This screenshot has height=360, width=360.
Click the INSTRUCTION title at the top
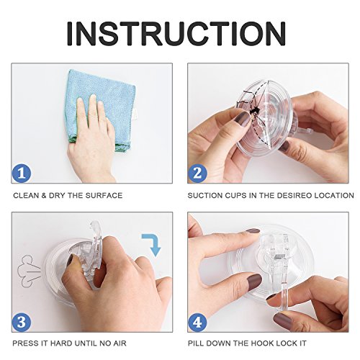click(176, 34)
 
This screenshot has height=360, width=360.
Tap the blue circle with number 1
click(22, 173)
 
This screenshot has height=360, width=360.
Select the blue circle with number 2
click(197, 173)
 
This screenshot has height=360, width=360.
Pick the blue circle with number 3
click(22, 322)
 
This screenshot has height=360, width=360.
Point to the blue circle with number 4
click(197, 322)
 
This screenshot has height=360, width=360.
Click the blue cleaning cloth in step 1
click(102, 106)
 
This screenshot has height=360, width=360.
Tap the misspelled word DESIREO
click(294, 195)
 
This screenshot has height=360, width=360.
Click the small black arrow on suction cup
click(254, 111)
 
